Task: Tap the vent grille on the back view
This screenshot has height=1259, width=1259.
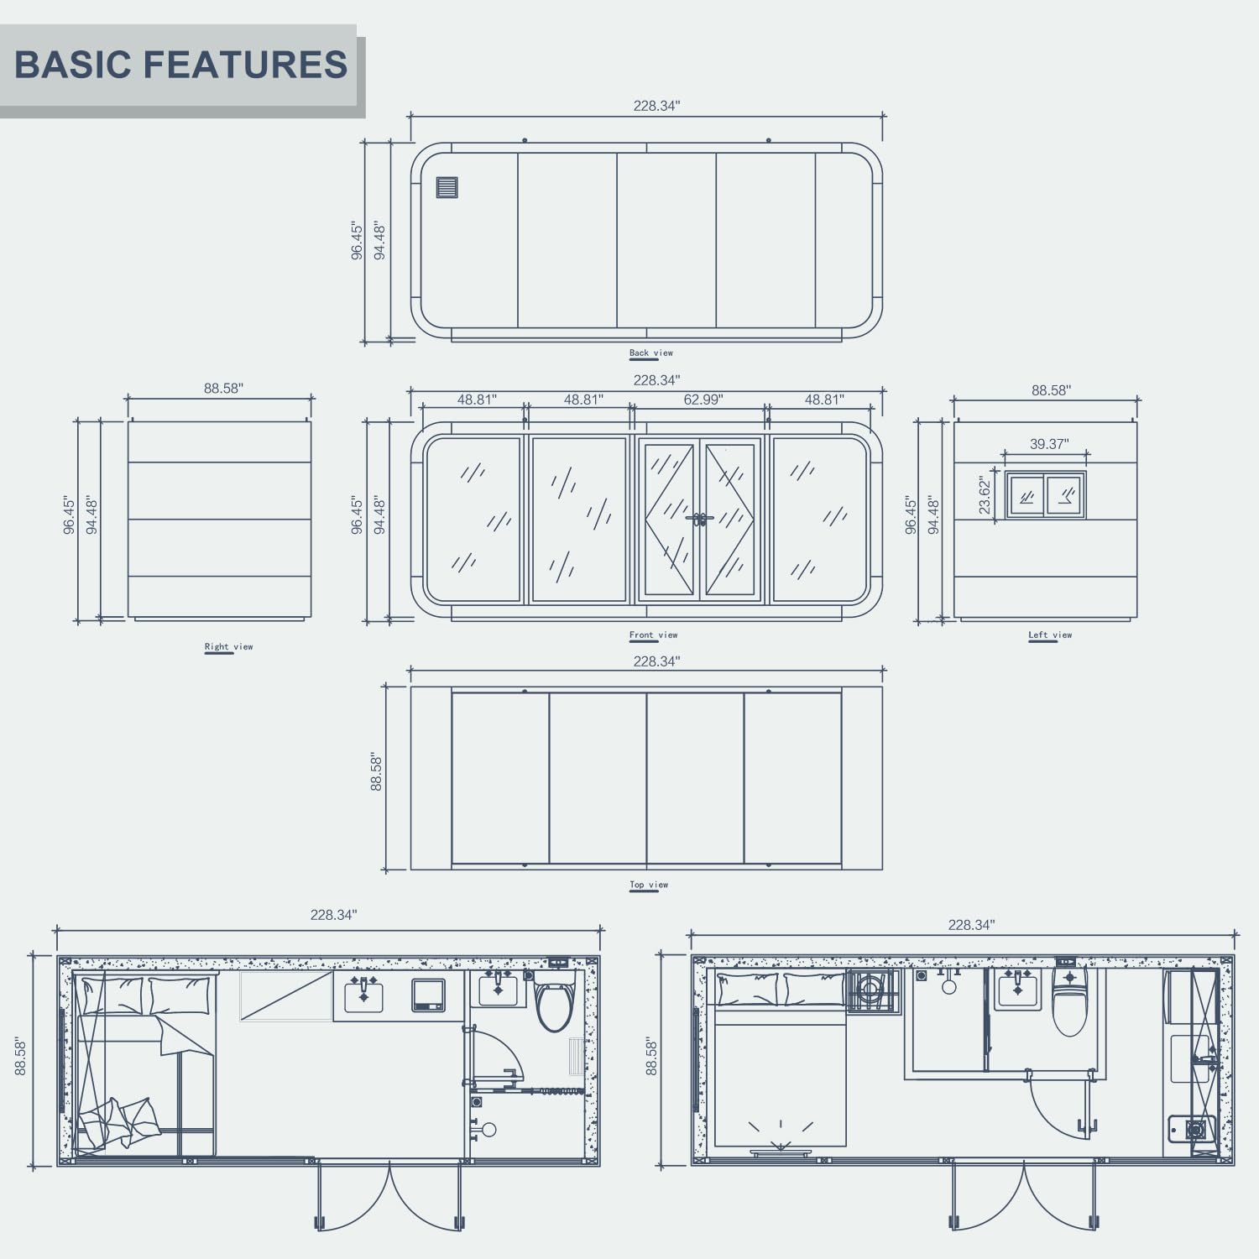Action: point(447,187)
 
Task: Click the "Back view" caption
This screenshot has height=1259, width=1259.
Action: point(651,353)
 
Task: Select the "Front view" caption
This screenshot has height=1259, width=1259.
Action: point(653,635)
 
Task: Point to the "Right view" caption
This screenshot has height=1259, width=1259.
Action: point(228,647)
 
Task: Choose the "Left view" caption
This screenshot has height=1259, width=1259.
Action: point(1050,635)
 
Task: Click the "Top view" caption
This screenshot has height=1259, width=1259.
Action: point(649,885)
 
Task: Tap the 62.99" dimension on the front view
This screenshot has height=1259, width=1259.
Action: point(703,400)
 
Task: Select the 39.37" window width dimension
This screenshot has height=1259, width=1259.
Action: point(1049,444)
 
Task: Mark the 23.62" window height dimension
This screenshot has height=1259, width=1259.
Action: point(985,495)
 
